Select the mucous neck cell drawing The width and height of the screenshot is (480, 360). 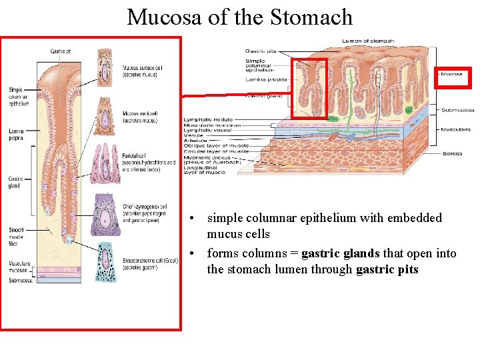pyautogui.click(x=105, y=117)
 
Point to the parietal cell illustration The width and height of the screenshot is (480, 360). pyautogui.click(x=105, y=163)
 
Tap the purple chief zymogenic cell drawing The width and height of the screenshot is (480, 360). pyautogui.click(x=105, y=215)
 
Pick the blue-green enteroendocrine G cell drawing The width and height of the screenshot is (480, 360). pyautogui.click(x=105, y=261)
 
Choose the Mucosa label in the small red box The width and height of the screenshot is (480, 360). pyautogui.click(x=453, y=74)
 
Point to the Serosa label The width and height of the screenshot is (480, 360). pyautogui.click(x=452, y=154)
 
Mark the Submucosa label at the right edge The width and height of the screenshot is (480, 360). pyautogui.click(x=457, y=110)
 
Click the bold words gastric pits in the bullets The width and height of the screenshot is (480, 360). pyautogui.click(x=387, y=269)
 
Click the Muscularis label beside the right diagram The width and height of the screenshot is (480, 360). pyautogui.click(x=456, y=129)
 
